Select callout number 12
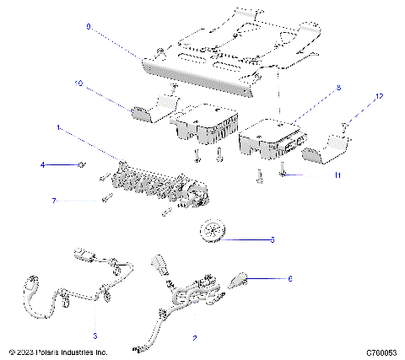pos(379,98)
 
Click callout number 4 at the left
pos(43,165)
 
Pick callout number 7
pos(53,201)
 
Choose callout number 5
pos(272,239)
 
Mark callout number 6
pos(289,277)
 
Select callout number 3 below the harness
pos(94,335)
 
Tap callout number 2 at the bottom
pos(195,338)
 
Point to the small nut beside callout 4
pos(81,165)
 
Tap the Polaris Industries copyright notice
pos(57,352)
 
